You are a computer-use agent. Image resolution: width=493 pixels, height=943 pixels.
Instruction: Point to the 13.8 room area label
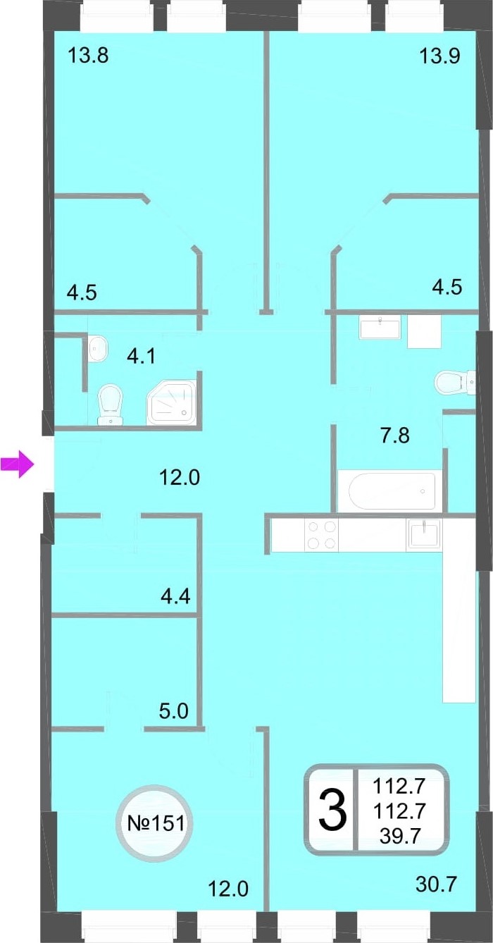[88, 55]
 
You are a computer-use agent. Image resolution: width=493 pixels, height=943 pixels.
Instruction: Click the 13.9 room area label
[440, 55]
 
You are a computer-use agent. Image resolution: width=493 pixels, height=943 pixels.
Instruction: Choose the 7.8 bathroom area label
[395, 435]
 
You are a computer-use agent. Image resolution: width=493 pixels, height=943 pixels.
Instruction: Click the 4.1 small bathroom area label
[142, 356]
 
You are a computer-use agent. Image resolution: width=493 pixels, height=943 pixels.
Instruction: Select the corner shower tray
[172, 402]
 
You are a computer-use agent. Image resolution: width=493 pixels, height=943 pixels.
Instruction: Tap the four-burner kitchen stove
[323, 535]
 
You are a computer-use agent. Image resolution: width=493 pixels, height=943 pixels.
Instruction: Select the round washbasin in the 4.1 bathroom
[99, 347]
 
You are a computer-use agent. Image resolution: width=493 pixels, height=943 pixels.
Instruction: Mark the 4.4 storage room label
[176, 596]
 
